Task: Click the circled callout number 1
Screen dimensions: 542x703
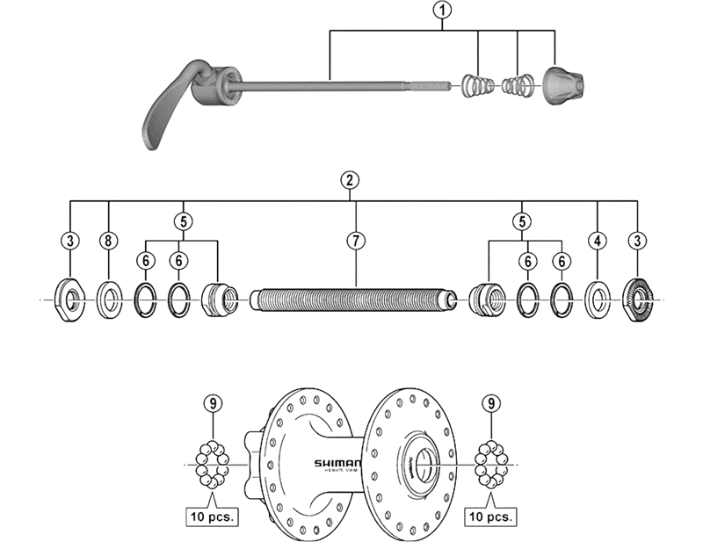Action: (445, 11)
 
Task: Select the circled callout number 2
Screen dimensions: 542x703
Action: (350, 181)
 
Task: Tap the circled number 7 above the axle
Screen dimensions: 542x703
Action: (355, 239)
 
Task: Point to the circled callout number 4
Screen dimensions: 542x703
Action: (598, 239)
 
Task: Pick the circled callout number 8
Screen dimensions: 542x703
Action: (109, 239)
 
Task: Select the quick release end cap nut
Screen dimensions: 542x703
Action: (559, 84)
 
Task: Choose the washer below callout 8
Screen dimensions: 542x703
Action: (110, 299)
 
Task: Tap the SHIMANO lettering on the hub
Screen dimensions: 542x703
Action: (337, 464)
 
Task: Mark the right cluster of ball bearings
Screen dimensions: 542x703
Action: (491, 464)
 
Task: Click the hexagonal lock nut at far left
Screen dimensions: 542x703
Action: (69, 299)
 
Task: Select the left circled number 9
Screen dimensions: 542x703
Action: (211, 403)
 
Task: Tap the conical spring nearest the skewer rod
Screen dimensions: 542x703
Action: (475, 86)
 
